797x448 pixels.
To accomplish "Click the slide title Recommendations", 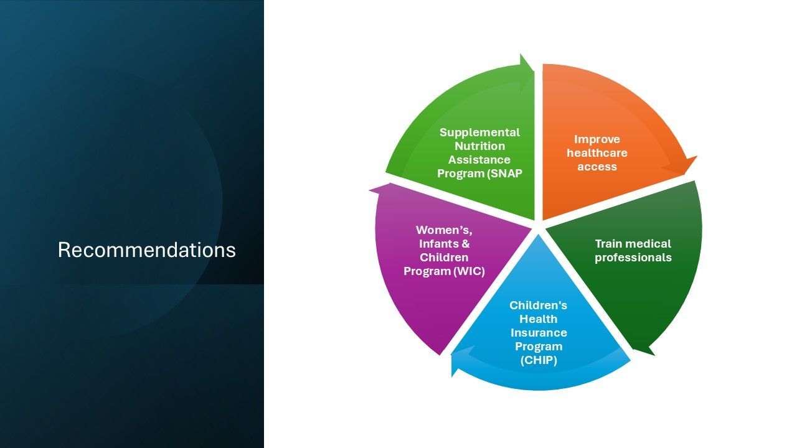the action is [x=146, y=250].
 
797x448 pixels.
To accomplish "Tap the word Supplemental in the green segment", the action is [x=479, y=133].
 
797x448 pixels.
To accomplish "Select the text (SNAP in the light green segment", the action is [x=504, y=174].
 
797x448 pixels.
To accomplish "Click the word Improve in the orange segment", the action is [x=597, y=139].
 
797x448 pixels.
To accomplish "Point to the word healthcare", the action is [x=597, y=153].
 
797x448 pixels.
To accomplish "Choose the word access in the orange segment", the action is [x=597, y=167].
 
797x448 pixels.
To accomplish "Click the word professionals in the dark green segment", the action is [x=633, y=258].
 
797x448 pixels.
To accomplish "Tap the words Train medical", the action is [x=633, y=244].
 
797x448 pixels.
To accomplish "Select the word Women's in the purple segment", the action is [x=444, y=230].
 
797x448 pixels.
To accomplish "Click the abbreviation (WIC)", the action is [x=469, y=271].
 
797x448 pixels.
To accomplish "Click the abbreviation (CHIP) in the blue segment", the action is [x=539, y=360].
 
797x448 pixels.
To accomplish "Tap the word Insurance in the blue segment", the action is [x=539, y=333].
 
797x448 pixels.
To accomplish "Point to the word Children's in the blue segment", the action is [x=539, y=306].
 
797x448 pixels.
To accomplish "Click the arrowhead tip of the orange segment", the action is [x=697, y=156].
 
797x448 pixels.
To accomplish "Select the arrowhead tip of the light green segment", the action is [x=521, y=54].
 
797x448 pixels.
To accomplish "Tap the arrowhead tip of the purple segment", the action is [x=369, y=190].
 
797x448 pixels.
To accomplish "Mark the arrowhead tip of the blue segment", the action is [x=452, y=377].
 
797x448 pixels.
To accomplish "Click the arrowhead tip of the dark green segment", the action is [x=655, y=355].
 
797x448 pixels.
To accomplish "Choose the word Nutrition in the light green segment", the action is [x=479, y=146].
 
